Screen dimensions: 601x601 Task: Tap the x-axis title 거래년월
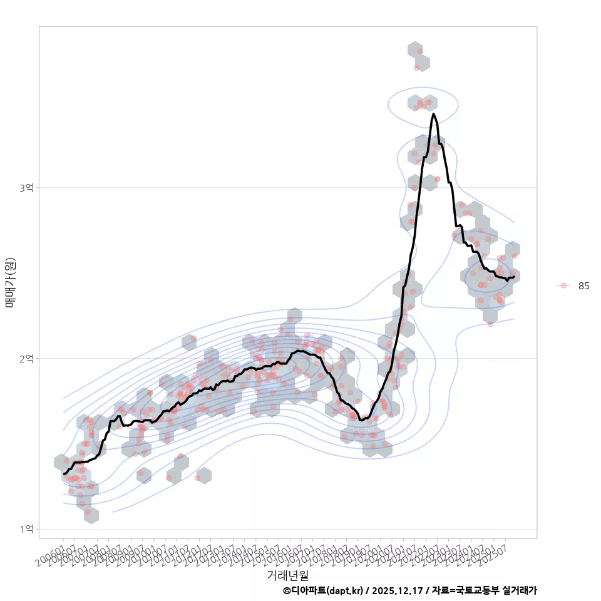tap(287, 575)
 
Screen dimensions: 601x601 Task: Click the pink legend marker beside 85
tap(563, 285)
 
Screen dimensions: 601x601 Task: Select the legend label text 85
tap(583, 286)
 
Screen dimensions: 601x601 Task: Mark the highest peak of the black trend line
tap(433, 114)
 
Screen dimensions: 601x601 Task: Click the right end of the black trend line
tap(513, 277)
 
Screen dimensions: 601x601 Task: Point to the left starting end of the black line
tap(64, 473)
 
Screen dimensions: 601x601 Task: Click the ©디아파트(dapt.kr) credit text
tap(322, 590)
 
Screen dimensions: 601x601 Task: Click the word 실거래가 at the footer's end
tap(520, 590)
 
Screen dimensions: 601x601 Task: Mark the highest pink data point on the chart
tap(420, 51)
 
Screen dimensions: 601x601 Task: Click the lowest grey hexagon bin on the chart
tap(91, 515)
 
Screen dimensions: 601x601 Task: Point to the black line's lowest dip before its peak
tap(362, 419)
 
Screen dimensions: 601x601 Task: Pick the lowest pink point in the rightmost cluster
tap(490, 324)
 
